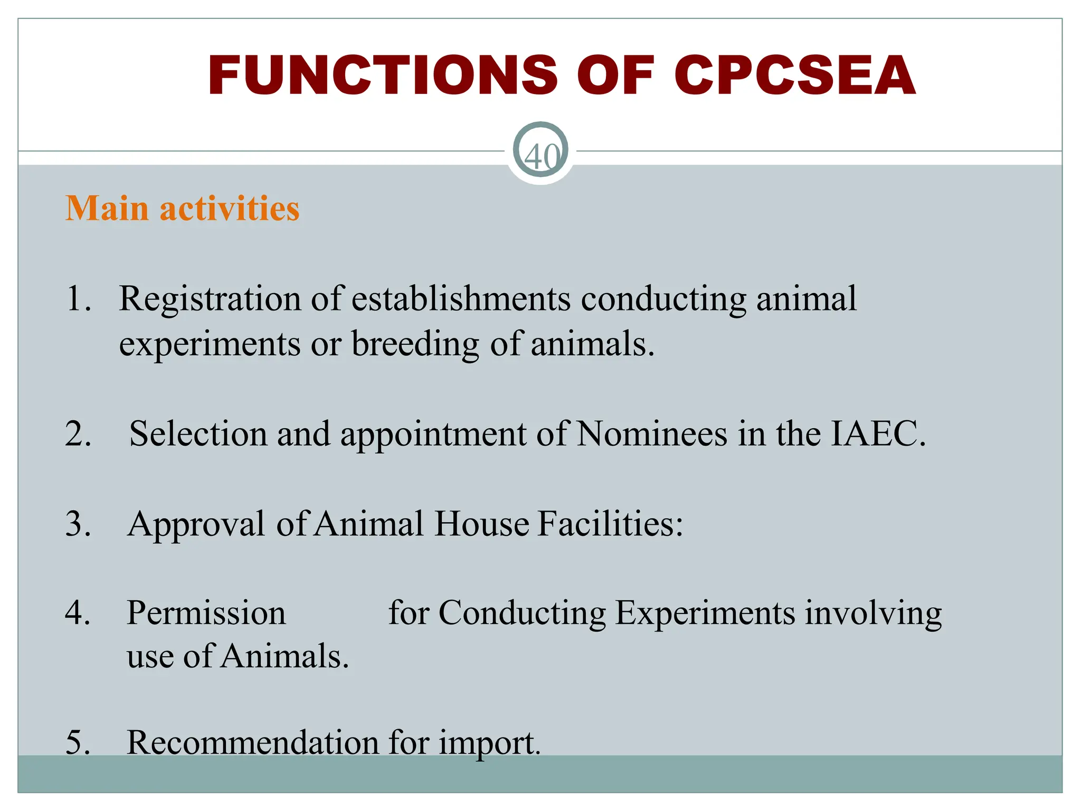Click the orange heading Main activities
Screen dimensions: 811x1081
pyautogui.click(x=183, y=208)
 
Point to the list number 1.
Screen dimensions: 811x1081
pyautogui.click(x=78, y=299)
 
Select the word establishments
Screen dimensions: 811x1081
pyautogui.click(x=461, y=299)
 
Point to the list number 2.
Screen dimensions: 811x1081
pyautogui.click(x=78, y=434)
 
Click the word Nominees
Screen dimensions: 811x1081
pyautogui.click(x=651, y=434)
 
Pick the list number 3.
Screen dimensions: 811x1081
pyautogui.click(x=78, y=524)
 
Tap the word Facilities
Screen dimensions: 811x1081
pyautogui.click(x=610, y=524)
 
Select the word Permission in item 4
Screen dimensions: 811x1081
pyautogui.click(x=206, y=614)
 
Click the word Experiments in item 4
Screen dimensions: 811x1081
pyautogui.click(x=705, y=614)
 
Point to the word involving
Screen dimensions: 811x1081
pyautogui.click(x=874, y=614)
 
